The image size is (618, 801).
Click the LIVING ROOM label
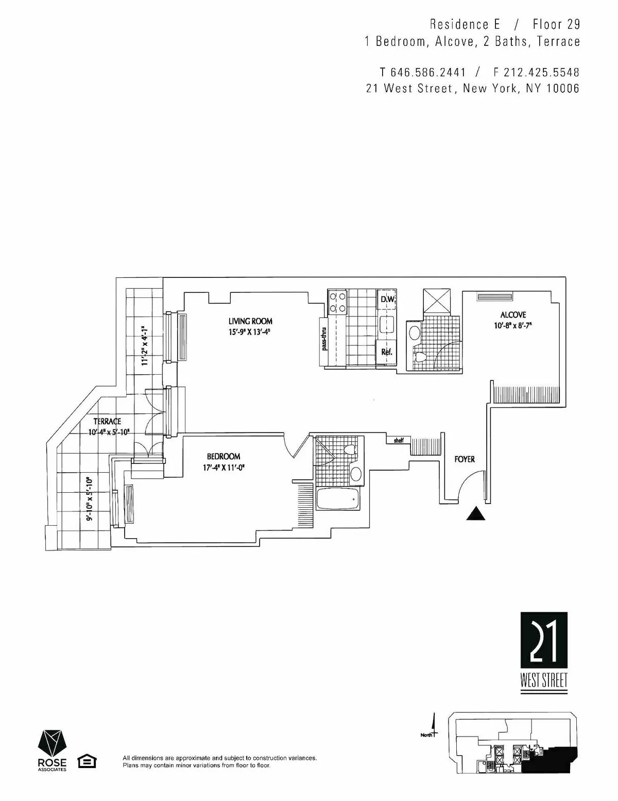(x=250, y=321)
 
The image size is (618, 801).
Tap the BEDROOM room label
(x=224, y=456)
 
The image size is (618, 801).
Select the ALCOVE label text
(x=513, y=314)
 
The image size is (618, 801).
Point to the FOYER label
(x=465, y=459)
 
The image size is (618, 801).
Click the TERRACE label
(x=107, y=421)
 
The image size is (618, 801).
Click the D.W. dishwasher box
(x=387, y=299)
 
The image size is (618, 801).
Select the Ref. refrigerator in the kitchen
(x=386, y=353)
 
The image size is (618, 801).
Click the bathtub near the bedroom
(x=337, y=499)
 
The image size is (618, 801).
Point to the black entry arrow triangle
(x=476, y=514)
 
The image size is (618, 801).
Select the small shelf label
(x=398, y=440)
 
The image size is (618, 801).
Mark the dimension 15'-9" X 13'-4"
(x=250, y=332)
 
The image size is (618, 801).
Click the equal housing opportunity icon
(x=87, y=761)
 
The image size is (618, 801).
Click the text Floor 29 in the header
(x=556, y=24)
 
